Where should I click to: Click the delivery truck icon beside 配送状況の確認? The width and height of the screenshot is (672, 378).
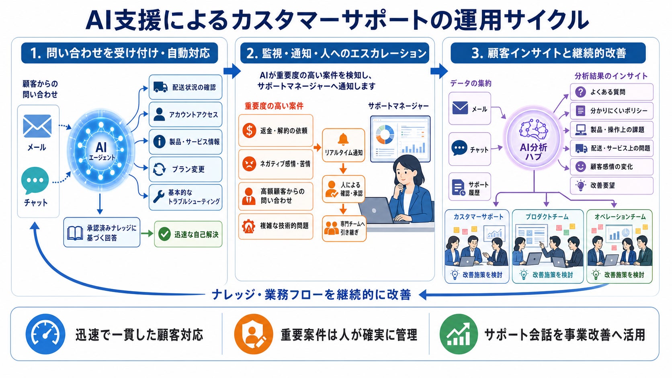coord(160,87)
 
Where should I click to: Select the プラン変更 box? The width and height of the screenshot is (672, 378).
coord(185,170)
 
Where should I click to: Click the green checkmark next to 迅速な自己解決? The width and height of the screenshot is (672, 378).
coord(164,234)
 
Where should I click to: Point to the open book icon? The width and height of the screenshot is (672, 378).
coord(75,233)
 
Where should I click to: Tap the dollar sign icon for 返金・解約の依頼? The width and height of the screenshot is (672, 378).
coord(249,131)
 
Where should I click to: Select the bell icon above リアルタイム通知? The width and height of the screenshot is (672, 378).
coord(343,140)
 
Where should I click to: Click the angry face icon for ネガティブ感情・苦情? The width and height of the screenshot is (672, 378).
coord(249,163)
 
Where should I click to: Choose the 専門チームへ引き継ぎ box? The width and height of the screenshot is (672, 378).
coord(344,229)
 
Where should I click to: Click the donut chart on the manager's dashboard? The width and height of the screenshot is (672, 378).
coord(385,134)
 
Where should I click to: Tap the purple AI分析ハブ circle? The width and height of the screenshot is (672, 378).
coord(534,138)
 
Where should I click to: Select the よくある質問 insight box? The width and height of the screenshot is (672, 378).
coord(611,92)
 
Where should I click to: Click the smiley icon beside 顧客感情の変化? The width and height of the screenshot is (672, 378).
coord(580,167)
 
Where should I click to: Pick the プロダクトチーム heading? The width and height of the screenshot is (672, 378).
coord(547,217)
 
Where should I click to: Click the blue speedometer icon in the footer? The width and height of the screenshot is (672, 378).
coord(45,334)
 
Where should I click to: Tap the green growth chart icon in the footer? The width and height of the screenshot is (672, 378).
coord(459,334)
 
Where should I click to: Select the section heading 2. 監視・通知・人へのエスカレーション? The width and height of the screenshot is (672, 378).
coord(335,53)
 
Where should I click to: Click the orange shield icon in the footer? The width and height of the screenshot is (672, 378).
coord(254,334)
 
